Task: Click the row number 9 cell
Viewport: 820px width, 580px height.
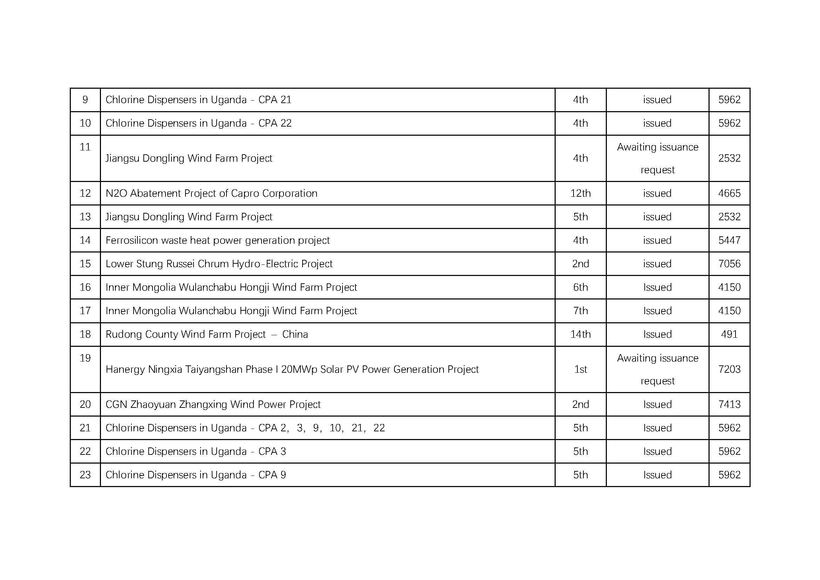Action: point(85,100)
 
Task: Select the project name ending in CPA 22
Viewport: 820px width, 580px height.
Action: point(198,123)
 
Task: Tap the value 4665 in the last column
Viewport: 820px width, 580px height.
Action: point(729,193)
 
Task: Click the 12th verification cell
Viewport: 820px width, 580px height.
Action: point(580,193)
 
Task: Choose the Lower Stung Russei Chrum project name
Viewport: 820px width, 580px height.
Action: point(219,264)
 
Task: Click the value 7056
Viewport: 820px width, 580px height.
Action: point(729,264)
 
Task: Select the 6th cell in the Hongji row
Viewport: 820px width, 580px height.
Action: point(580,287)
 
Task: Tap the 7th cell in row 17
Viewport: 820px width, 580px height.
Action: point(580,311)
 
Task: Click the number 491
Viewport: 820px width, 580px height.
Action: point(729,334)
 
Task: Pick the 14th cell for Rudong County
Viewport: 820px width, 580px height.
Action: point(580,334)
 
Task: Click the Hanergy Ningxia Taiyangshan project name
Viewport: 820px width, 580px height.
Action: point(292,369)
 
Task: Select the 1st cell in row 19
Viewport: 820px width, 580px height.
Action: point(580,369)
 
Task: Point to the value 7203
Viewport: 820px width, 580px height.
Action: point(729,369)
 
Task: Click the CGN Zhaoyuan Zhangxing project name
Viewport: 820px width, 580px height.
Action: point(213,404)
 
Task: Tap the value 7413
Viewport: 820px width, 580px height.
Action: point(729,404)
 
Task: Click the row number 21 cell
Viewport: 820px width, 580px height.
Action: point(85,428)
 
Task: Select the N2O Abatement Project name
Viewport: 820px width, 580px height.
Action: point(211,193)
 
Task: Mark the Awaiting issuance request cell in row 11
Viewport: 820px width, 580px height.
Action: point(657,158)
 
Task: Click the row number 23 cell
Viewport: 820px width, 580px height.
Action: point(85,475)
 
